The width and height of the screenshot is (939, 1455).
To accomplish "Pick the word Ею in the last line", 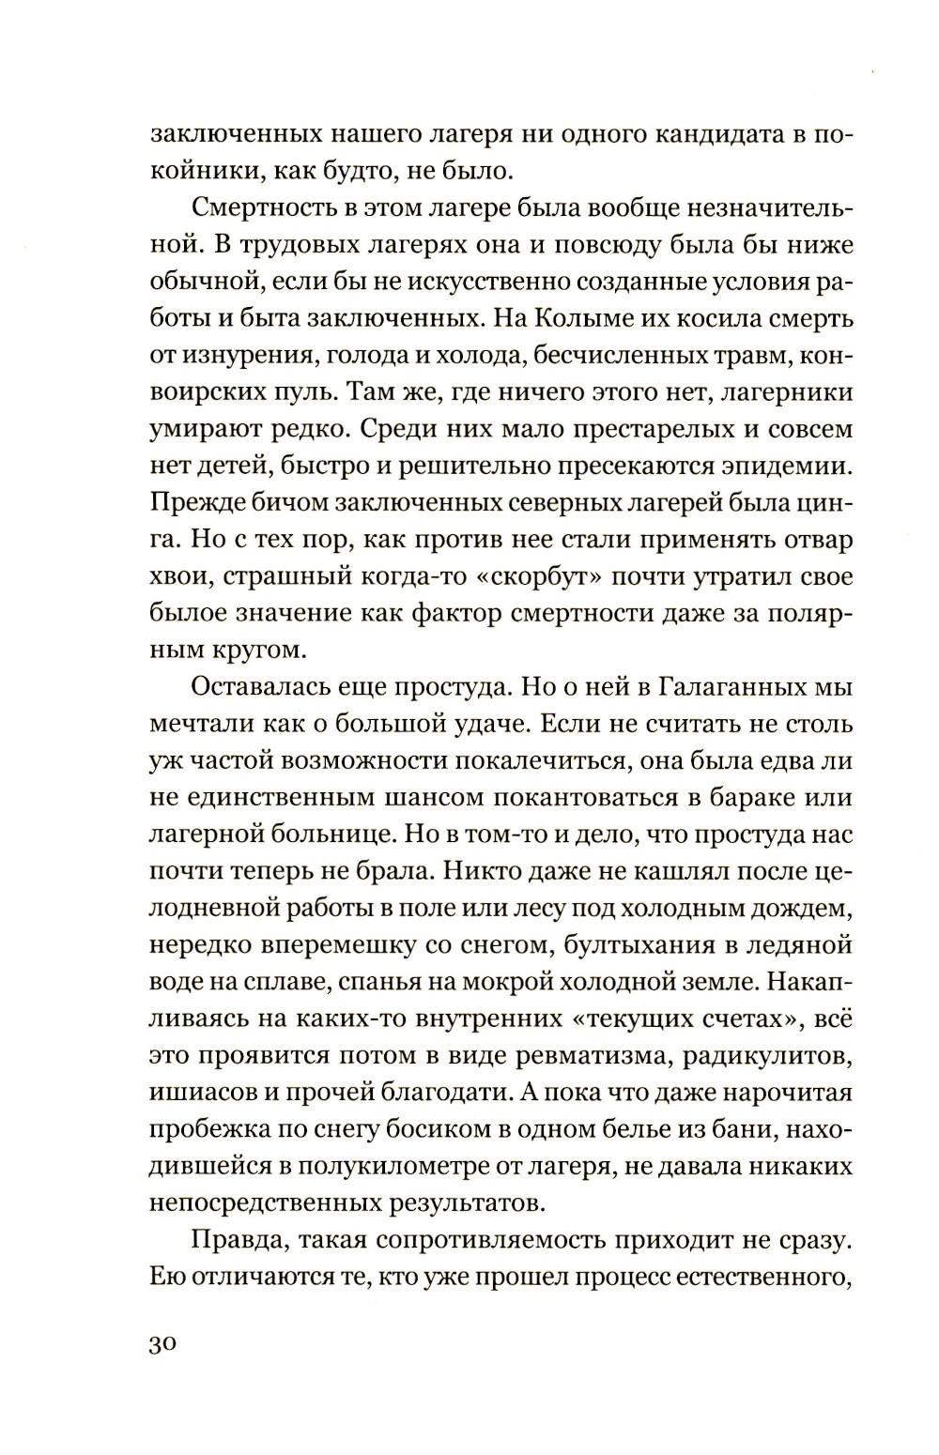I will click(163, 1277).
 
